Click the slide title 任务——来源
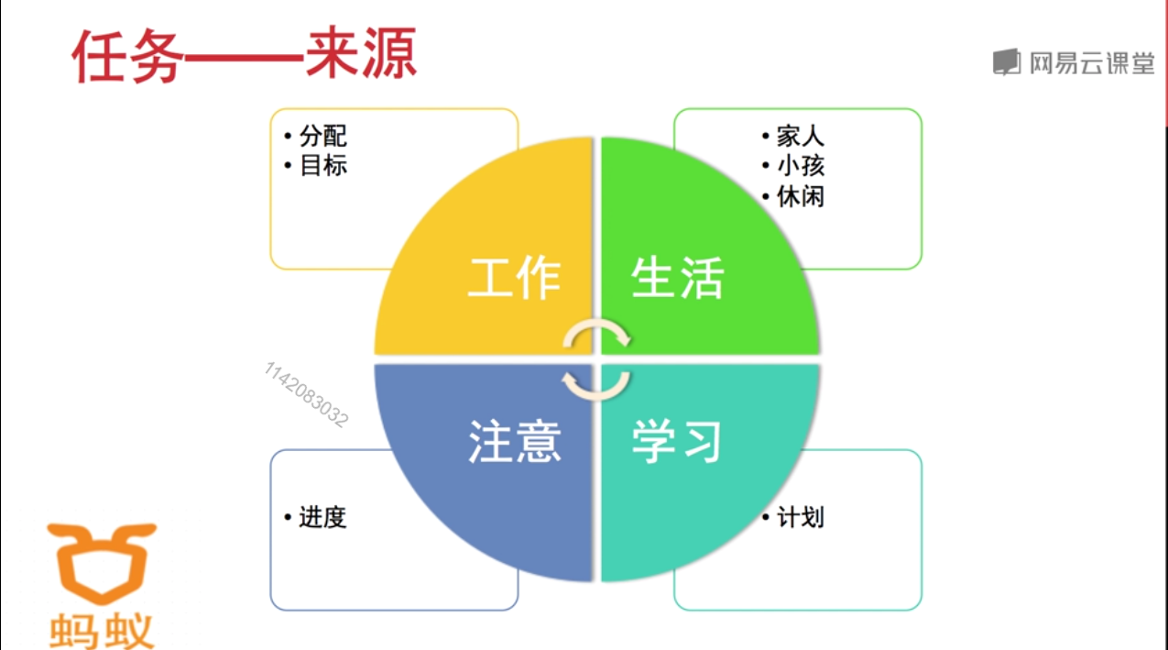(x=245, y=56)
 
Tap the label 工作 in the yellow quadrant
(x=514, y=278)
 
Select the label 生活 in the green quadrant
(x=677, y=278)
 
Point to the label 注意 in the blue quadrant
(x=514, y=441)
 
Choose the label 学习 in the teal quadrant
(x=677, y=441)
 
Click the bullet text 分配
(x=323, y=137)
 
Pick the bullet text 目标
(x=323, y=166)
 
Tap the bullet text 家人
(x=800, y=137)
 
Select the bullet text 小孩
(x=800, y=166)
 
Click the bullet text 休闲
(x=800, y=195)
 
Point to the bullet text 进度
(x=322, y=517)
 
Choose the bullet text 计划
(x=800, y=517)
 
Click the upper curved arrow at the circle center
(x=597, y=333)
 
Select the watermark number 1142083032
(x=306, y=394)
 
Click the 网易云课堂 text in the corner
(x=1091, y=62)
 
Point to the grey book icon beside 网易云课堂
(x=1006, y=62)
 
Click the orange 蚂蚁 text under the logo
(x=102, y=629)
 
